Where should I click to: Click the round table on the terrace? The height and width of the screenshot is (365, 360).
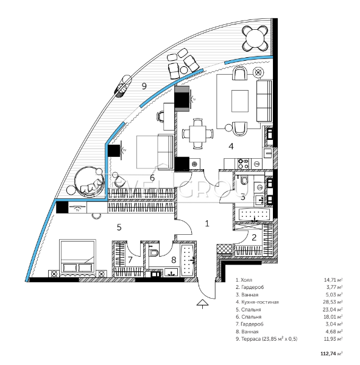click(x=255, y=38)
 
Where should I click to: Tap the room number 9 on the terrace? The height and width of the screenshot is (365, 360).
click(x=144, y=86)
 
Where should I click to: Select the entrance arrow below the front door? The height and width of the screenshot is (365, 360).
click(x=203, y=304)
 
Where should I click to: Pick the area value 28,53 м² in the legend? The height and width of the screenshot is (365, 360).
click(x=333, y=302)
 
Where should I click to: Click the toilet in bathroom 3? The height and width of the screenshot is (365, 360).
click(x=244, y=180)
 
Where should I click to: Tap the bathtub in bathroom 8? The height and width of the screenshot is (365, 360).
click(x=188, y=260)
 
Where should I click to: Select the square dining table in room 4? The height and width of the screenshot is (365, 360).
click(x=198, y=134)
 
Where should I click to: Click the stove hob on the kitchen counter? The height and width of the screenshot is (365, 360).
click(x=244, y=163)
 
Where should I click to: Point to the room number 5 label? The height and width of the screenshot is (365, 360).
click(x=119, y=227)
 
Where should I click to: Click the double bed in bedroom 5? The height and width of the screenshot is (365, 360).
click(x=77, y=258)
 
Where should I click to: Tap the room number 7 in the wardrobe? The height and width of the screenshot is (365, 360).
click(x=130, y=260)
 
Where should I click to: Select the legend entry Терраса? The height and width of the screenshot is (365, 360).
click(x=267, y=339)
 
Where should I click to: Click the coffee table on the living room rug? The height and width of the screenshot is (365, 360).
click(x=240, y=101)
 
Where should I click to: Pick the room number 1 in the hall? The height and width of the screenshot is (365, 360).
click(x=207, y=224)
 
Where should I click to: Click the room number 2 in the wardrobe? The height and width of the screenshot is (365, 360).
click(x=254, y=237)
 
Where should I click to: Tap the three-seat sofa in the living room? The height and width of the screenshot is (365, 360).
click(x=264, y=101)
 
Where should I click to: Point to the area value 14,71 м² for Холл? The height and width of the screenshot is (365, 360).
click(x=333, y=280)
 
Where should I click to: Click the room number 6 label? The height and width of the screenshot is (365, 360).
click(x=152, y=178)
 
